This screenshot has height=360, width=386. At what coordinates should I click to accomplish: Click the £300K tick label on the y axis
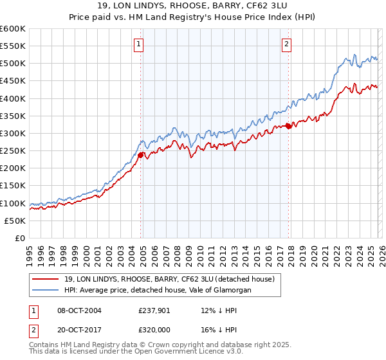click(13, 133)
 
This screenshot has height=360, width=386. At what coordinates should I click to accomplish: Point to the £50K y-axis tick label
click(15, 221)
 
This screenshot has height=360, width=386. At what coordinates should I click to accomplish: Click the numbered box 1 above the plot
click(139, 44)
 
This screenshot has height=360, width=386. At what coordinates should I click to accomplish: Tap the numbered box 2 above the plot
click(286, 44)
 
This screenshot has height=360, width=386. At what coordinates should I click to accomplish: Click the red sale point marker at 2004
click(140, 154)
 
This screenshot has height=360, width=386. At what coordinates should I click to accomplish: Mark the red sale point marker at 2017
click(288, 126)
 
